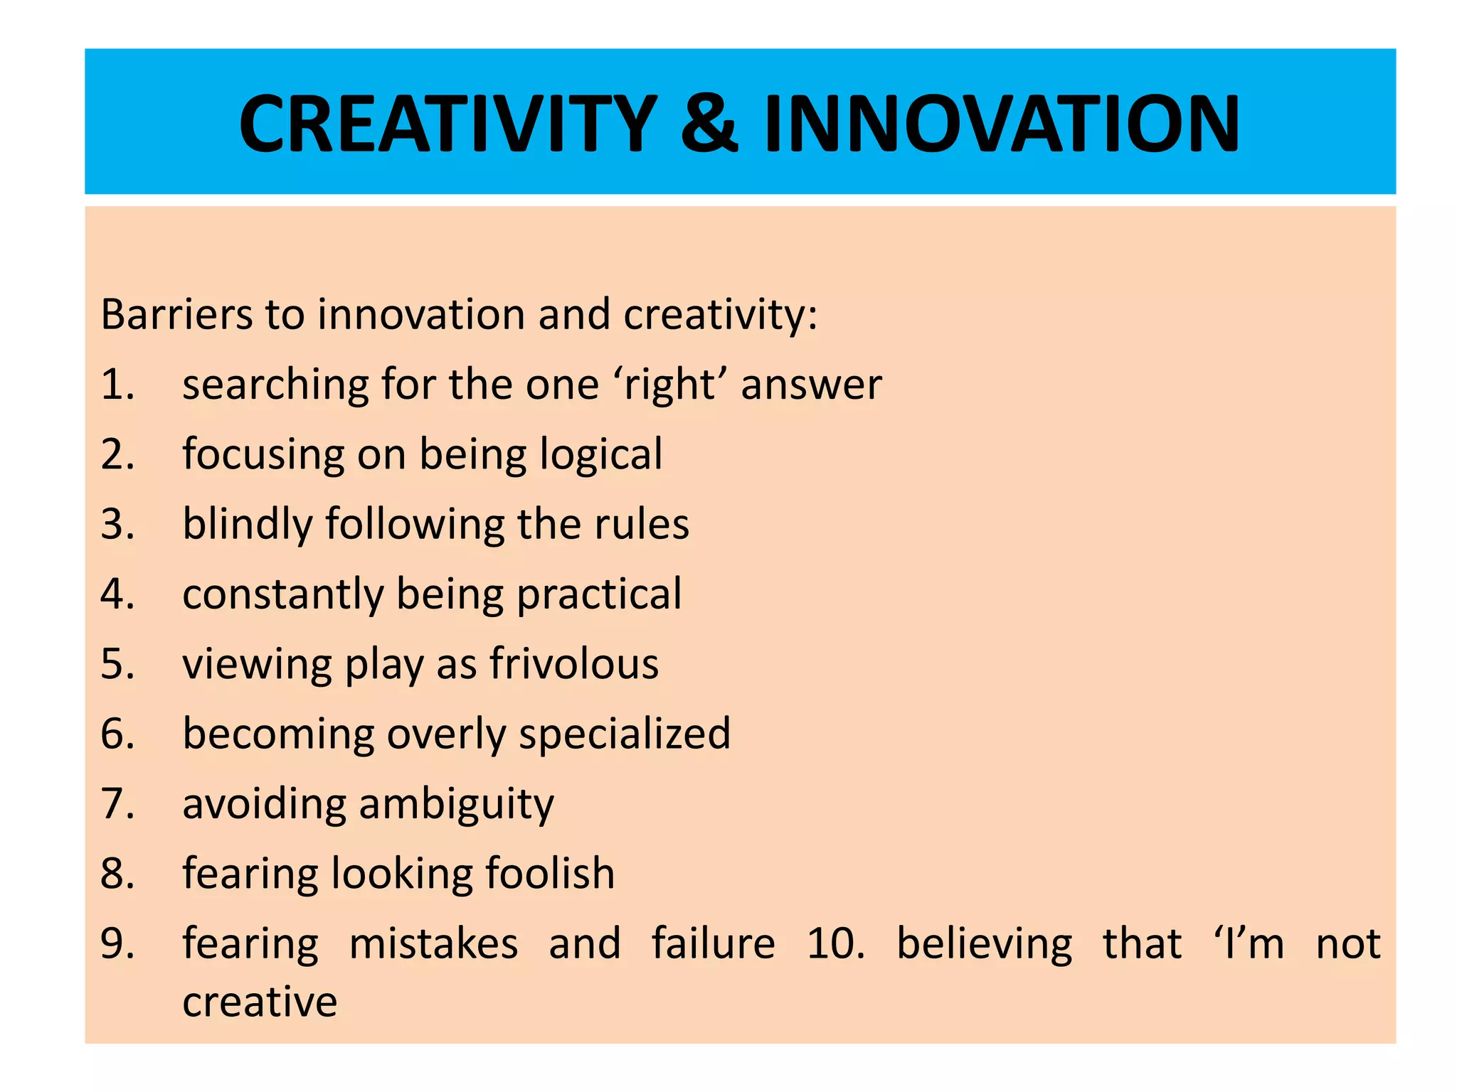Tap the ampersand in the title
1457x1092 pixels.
coord(709,124)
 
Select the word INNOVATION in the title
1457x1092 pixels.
coord(1002,124)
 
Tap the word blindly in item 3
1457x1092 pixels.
coord(247,525)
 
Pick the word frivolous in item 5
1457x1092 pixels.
coord(574,664)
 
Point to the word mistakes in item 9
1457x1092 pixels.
coord(434,943)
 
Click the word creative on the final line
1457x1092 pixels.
coord(260,1002)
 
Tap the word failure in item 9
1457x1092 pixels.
coord(714,943)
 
